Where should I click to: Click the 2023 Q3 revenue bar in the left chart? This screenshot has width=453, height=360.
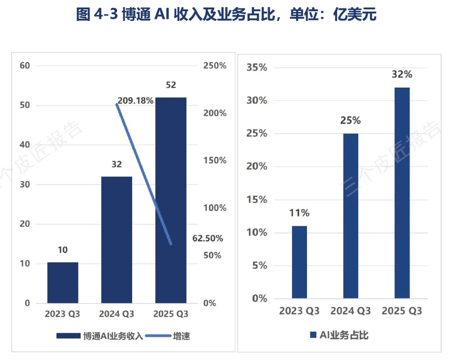[x=62, y=282]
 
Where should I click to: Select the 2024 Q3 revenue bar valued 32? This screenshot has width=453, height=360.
[x=117, y=240]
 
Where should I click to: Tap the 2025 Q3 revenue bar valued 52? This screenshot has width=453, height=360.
[x=171, y=200]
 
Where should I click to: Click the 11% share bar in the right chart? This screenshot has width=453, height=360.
[x=299, y=262]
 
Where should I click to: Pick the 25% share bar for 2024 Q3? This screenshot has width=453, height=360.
[x=351, y=216]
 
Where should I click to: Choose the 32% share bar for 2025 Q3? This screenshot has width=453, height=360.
[x=402, y=193]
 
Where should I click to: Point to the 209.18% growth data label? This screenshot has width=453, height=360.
[x=135, y=101]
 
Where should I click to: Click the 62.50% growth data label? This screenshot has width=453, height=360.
[x=208, y=238]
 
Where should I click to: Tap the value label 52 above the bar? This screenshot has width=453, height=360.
[x=171, y=85]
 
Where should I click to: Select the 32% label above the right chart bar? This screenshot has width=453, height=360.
[x=402, y=75]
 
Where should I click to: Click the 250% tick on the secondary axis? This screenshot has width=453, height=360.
[x=215, y=65]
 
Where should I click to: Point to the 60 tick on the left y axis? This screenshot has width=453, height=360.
[x=25, y=65]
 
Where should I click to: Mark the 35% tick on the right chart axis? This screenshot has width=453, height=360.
[x=257, y=67]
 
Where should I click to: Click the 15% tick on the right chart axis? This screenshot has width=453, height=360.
[x=257, y=199]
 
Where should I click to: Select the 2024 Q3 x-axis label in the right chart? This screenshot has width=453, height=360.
[x=351, y=311]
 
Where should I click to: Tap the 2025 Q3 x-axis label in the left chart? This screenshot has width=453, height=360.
[x=171, y=314]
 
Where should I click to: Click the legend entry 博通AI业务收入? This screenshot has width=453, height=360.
[x=100, y=336]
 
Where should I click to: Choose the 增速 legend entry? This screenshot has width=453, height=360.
[x=167, y=336]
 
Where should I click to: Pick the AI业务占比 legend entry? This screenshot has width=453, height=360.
[x=339, y=335]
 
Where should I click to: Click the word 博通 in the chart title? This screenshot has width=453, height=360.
[x=136, y=14]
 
